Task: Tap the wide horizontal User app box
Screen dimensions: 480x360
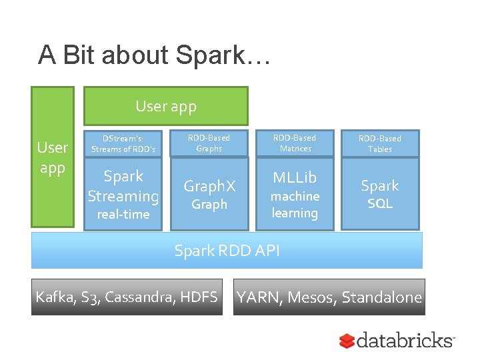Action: (165, 106)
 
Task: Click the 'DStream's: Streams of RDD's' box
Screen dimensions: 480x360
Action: (123, 143)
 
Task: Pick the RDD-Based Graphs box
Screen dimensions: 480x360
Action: (209, 143)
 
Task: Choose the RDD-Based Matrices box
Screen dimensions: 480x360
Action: (295, 143)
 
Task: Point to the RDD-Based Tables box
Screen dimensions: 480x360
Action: (380, 143)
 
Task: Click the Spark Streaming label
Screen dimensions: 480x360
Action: (123, 186)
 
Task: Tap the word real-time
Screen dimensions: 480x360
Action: (123, 215)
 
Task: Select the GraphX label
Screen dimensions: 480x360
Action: (209, 186)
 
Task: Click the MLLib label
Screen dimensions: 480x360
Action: (295, 178)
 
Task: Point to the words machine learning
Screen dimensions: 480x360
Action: (295, 205)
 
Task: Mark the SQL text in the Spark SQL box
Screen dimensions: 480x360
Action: (380, 204)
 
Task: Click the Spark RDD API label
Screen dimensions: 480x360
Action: (227, 251)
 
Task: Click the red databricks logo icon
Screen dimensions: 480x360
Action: (346, 341)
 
